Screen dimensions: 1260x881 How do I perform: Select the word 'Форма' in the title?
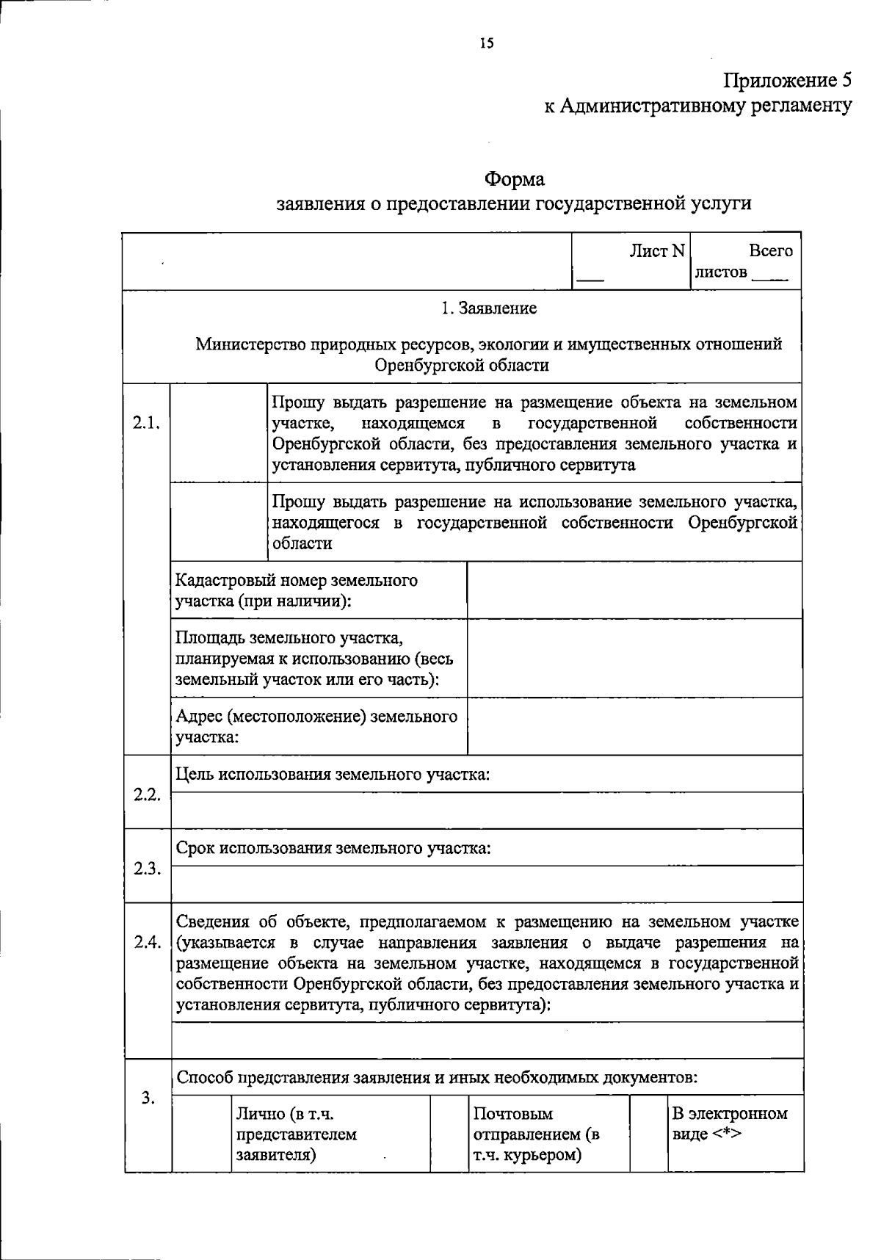[514, 179]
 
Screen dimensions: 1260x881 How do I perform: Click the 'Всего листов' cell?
[745, 261]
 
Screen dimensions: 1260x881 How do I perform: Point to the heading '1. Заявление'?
[489, 308]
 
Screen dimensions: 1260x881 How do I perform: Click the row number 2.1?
[146, 423]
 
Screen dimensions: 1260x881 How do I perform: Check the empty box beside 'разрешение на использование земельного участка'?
[219, 522]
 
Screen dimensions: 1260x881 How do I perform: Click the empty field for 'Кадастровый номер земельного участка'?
[634, 590]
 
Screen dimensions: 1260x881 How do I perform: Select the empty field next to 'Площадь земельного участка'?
[634, 658]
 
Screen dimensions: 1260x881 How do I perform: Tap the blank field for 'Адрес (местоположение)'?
[634, 726]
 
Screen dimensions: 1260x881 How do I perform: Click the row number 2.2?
[146, 794]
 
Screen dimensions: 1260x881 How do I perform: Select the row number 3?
[148, 1098]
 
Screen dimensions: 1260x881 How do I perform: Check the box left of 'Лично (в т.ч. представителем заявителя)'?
[201, 1134]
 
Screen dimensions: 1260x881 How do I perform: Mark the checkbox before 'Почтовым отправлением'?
[449, 1134]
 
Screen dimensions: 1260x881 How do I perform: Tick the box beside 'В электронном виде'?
[648, 1134]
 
